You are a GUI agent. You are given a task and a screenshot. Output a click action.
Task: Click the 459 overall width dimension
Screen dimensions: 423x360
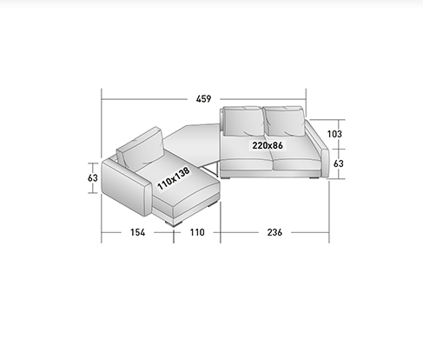203,99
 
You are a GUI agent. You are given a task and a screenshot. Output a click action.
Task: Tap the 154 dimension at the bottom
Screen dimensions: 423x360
137,232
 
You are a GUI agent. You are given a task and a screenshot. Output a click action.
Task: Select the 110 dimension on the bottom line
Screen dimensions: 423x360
197,232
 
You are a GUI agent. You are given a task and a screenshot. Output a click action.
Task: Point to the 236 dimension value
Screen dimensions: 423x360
274,232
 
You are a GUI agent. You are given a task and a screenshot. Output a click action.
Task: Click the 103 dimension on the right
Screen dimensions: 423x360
334,134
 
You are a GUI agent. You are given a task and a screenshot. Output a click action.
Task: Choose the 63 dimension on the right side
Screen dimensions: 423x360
338,163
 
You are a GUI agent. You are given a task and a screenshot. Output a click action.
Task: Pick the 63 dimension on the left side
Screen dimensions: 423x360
93,177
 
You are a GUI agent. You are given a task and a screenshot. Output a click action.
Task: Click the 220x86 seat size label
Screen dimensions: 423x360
268,145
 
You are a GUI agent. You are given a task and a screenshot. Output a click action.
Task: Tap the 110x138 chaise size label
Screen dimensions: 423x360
174,178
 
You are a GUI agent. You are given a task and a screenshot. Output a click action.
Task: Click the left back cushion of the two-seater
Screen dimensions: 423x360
243,121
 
